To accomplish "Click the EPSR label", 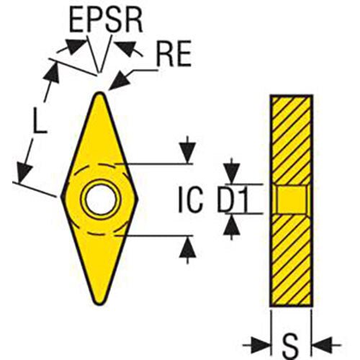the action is (106, 21).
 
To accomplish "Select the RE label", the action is (174, 54).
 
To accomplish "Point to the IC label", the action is (191, 199).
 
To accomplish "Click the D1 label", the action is (233, 199).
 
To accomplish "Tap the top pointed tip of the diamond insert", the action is (99, 93).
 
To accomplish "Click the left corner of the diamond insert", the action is (61, 197).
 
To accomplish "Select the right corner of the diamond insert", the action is (139, 199).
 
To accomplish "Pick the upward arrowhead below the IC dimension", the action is (188, 247).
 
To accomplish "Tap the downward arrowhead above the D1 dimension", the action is (232, 174).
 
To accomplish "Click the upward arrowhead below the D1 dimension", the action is (232, 225).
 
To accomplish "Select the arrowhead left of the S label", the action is (261, 345).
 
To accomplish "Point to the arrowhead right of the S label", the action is (322, 345).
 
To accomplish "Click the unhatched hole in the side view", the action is (291, 199).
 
